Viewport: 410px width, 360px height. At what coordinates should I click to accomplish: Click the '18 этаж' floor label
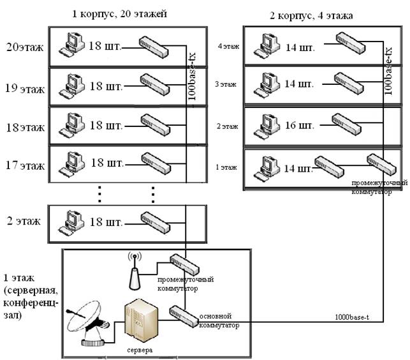[25, 128]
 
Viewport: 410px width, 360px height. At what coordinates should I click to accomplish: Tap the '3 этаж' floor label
[227, 84]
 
